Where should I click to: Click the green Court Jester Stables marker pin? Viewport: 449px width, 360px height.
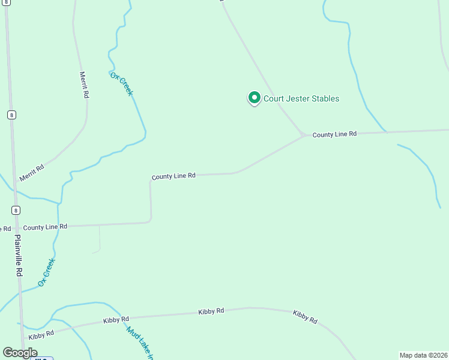[254, 98]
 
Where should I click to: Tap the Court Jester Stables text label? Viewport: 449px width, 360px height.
[301, 99]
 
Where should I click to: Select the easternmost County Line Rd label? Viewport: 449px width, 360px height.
[334, 134]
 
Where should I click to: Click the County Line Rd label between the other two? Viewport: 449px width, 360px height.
[173, 176]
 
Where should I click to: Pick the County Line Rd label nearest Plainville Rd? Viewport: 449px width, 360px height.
[45, 227]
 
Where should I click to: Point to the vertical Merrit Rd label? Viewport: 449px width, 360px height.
[85, 85]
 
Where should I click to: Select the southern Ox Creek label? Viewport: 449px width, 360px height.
[46, 272]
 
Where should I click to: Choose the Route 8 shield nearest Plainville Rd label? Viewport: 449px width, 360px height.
[16, 210]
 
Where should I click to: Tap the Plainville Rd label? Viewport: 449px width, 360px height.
[19, 255]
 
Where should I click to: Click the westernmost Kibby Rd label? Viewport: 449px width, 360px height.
[41, 335]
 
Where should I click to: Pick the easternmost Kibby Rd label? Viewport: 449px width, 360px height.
[305, 317]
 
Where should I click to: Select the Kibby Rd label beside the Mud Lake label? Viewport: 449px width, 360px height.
[116, 319]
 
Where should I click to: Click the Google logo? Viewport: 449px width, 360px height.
[20, 353]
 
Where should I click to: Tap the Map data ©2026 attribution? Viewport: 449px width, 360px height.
[424, 355]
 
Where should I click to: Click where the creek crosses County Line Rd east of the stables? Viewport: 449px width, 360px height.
[387, 132]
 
